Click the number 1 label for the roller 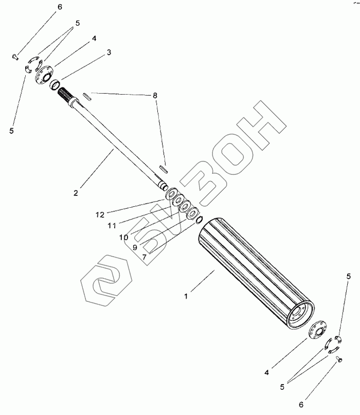click(x=186, y=296)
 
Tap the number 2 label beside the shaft click(x=76, y=193)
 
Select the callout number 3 click(x=109, y=52)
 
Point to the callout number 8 click(x=155, y=95)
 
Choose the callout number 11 click(x=111, y=225)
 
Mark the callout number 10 click(x=123, y=237)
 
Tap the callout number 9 click(x=135, y=247)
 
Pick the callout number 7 click(x=145, y=256)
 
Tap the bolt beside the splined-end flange click(x=14, y=56)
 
